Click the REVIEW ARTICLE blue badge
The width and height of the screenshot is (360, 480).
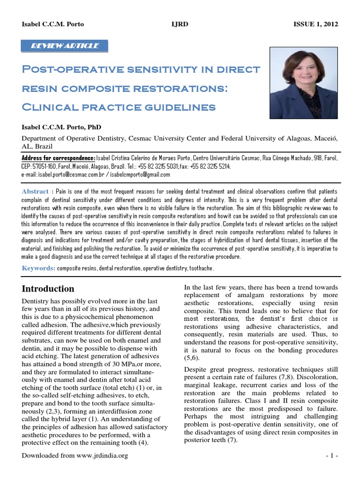click(x=65, y=46)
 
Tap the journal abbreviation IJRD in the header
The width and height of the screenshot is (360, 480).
click(x=180, y=24)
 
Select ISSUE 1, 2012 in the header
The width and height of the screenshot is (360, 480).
click(x=315, y=24)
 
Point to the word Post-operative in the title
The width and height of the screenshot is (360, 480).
click(x=69, y=70)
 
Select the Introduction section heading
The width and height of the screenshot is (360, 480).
click(x=49, y=289)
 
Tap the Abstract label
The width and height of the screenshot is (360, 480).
click(x=36, y=191)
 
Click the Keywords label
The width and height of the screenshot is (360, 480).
click(x=38, y=268)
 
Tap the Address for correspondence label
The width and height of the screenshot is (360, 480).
click(x=59, y=158)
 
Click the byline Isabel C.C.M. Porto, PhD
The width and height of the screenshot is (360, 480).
click(x=60, y=127)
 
